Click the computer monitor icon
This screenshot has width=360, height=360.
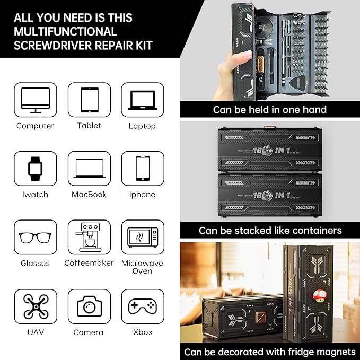[35, 100]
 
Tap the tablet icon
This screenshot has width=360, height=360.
[89, 100]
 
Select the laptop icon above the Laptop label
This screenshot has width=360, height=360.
[142, 100]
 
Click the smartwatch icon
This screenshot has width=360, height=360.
[35, 169]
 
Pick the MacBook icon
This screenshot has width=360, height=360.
[89, 169]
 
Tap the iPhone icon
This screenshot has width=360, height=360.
[142, 169]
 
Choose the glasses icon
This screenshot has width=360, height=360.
[35, 237]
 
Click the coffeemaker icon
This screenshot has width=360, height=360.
[89, 237]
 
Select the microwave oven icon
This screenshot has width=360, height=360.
[142, 237]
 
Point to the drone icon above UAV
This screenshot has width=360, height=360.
[35, 306]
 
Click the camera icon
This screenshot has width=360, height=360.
[89, 306]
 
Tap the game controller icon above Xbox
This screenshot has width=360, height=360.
[142, 306]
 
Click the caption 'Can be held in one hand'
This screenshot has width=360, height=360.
[269, 110]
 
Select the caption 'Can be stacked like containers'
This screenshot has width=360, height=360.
[270, 231]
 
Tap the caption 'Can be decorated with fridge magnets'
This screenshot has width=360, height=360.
[270, 352]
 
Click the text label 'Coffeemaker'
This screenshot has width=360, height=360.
[89, 263]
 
